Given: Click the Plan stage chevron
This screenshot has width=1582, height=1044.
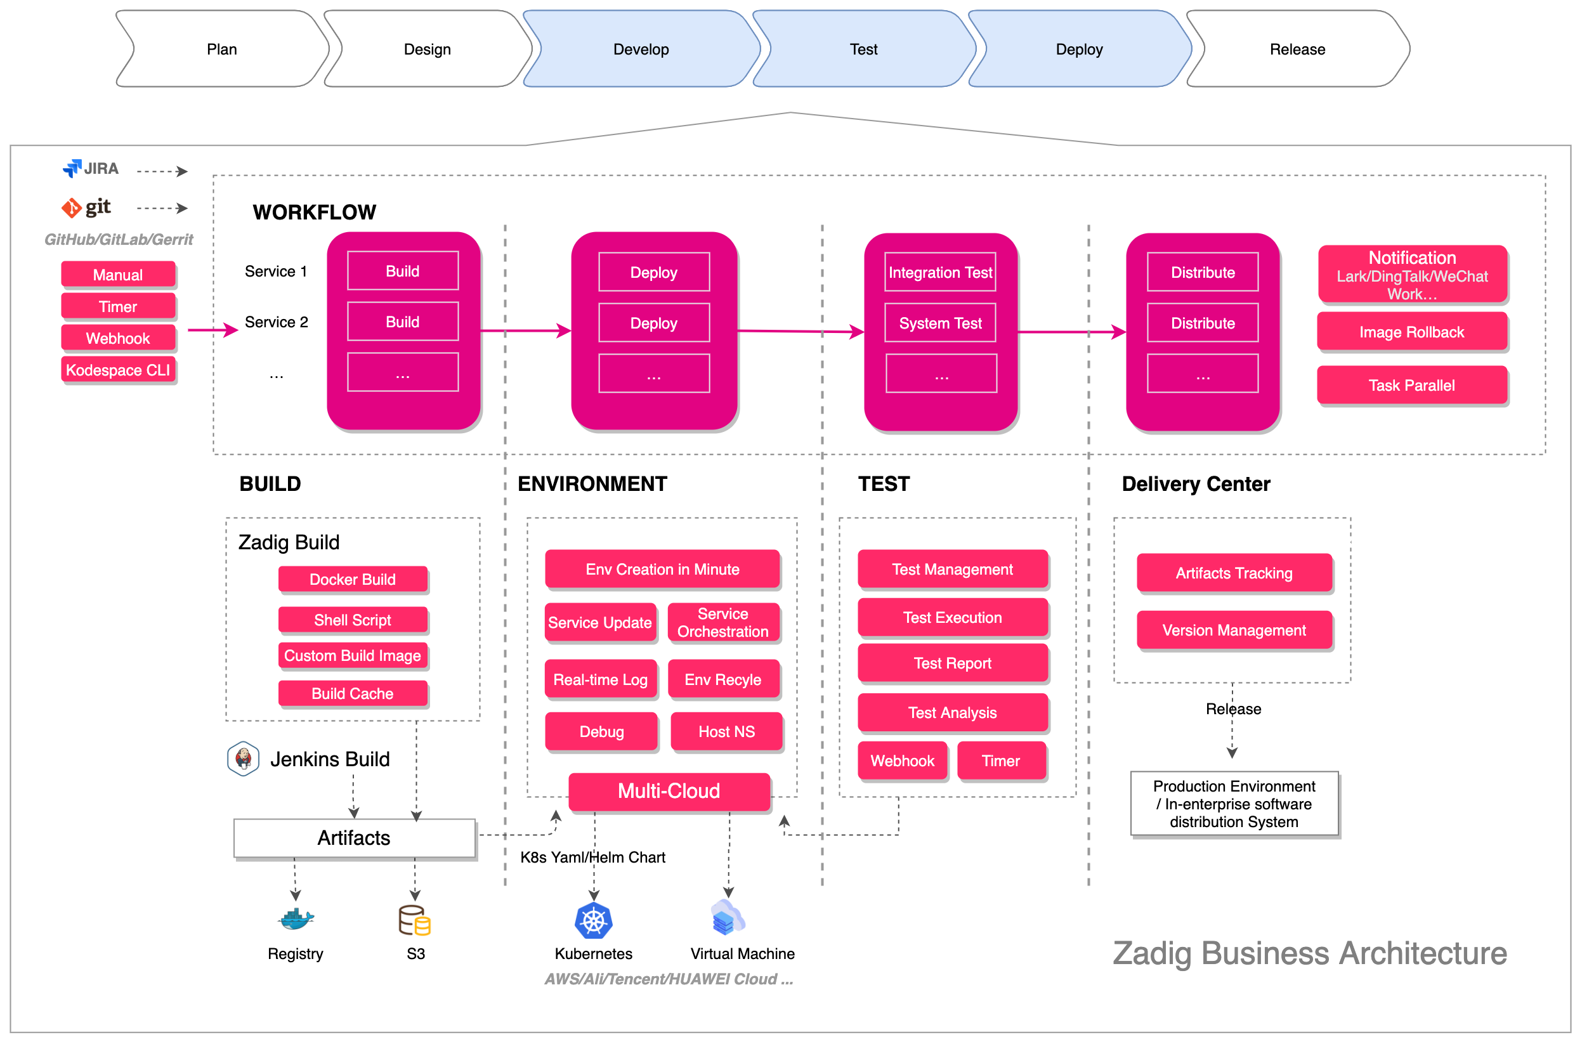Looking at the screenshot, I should (x=222, y=49).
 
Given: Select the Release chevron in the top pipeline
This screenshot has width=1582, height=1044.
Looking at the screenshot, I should (x=1297, y=49).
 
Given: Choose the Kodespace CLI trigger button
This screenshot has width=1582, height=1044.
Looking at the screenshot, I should (x=118, y=370).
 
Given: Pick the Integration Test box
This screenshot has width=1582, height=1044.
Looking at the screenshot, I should (x=939, y=272).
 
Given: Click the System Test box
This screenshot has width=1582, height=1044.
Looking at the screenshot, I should (x=939, y=323).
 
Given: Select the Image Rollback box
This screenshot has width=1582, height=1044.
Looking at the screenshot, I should (x=1411, y=332).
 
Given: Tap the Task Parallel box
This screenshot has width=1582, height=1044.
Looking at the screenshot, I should (x=1411, y=385).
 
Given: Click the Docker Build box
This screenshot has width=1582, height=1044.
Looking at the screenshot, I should (x=352, y=579).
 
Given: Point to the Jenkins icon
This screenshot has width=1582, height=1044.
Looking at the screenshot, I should (x=243, y=759).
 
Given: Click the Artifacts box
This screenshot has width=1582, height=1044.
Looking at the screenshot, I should (x=354, y=838).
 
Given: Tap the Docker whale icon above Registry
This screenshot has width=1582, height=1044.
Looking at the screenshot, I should (x=295, y=920).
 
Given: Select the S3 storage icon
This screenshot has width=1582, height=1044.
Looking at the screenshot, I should (x=414, y=920).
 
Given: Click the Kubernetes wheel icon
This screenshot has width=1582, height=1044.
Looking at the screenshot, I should (x=593, y=921).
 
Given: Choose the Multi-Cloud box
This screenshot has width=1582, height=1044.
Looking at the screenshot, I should (x=669, y=791).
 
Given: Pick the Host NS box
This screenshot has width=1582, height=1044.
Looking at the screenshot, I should (x=726, y=732).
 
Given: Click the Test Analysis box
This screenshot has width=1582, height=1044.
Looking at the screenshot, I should (x=952, y=712).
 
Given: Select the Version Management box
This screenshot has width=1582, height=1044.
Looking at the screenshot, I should (x=1234, y=630).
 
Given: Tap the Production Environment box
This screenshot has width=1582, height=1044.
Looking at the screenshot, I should (x=1234, y=804).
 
